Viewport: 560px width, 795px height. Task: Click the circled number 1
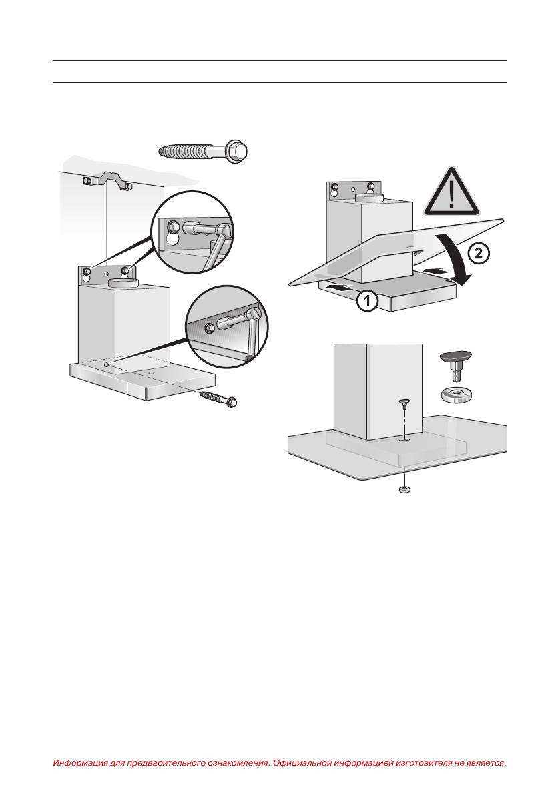tap(367, 300)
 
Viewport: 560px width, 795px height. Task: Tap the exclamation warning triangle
tap(451, 192)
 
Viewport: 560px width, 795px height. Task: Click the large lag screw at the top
tap(203, 150)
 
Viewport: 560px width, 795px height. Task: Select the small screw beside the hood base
tap(218, 399)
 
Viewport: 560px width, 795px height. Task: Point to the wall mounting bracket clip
tap(107, 182)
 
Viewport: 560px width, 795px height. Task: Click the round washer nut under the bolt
tap(458, 394)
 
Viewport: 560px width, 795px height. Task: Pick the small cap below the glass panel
tap(404, 490)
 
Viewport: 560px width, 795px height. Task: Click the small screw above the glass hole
tap(404, 404)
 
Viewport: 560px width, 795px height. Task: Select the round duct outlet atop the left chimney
tap(124, 282)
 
